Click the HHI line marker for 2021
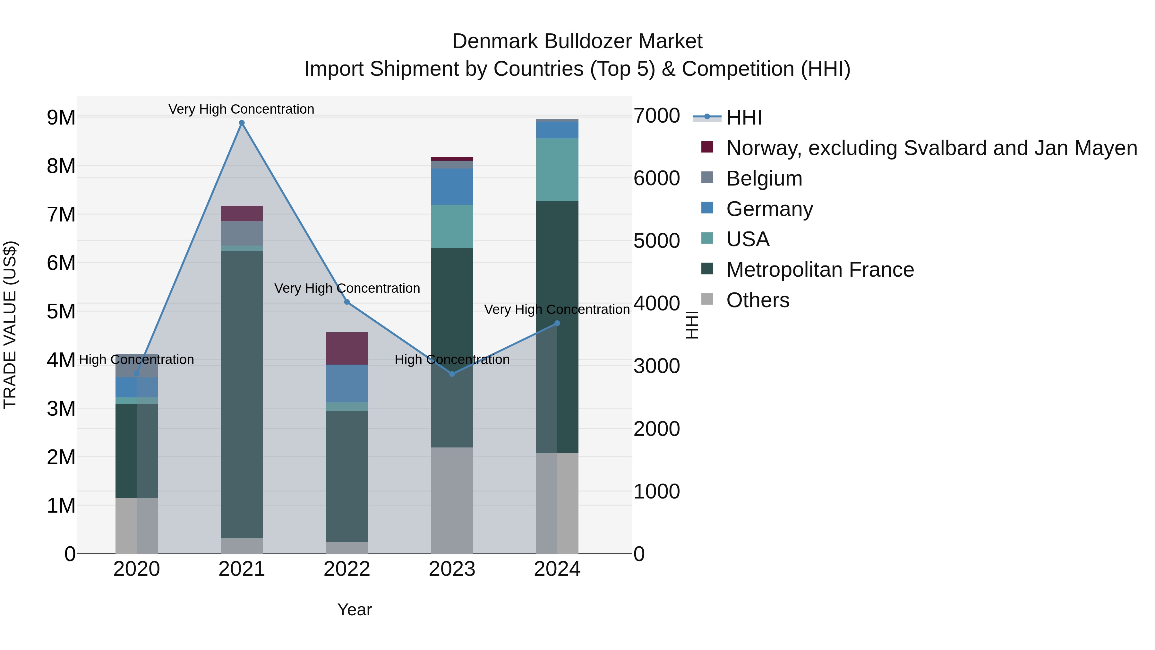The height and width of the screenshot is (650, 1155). pyautogui.click(x=242, y=123)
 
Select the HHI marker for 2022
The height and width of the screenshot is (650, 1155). pyautogui.click(x=346, y=302)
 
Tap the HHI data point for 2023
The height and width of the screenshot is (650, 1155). pyautogui.click(x=452, y=374)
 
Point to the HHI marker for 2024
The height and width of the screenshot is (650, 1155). pyautogui.click(x=557, y=323)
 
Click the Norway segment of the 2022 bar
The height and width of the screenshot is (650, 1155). pyautogui.click(x=346, y=348)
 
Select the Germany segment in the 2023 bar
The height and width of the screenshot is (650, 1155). pyautogui.click(x=452, y=186)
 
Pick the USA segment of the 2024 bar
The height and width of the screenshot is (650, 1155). pyautogui.click(x=557, y=169)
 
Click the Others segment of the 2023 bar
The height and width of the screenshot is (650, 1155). pyautogui.click(x=452, y=500)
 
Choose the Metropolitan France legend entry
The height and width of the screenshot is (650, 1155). pyautogui.click(x=820, y=270)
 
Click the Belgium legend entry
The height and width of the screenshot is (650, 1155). pyautogui.click(x=764, y=178)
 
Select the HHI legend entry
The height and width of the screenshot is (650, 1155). pyautogui.click(x=743, y=117)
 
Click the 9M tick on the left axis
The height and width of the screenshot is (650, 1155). pyautogui.click(x=61, y=117)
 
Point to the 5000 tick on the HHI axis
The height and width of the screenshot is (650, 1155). pyautogui.click(x=656, y=241)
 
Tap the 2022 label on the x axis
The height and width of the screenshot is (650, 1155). pyautogui.click(x=346, y=569)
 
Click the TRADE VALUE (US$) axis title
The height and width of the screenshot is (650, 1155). pyautogui.click(x=10, y=325)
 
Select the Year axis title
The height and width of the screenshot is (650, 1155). pyautogui.click(x=354, y=610)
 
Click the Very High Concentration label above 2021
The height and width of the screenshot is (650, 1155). pyautogui.click(x=241, y=109)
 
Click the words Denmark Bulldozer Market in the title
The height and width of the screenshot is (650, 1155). pyautogui.click(x=577, y=41)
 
